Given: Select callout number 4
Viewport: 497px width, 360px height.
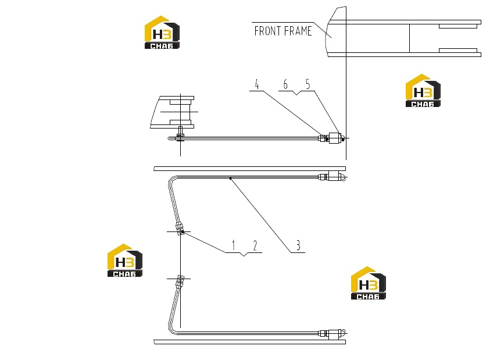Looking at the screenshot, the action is coord(257,84).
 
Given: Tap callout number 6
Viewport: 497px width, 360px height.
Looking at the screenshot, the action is coord(285,84).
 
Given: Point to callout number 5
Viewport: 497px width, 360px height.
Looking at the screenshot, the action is coord(308,84).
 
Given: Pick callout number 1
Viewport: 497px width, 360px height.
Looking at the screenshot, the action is coord(234,245).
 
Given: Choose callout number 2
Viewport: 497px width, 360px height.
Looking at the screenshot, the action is coord(255,245).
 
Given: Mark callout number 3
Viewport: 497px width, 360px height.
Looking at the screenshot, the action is coord(298,245).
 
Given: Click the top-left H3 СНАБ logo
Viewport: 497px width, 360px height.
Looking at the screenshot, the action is coord(162,33).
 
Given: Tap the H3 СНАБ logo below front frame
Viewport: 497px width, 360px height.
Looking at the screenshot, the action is coord(423,90).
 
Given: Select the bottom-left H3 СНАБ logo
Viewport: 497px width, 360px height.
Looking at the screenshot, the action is coord(125,261).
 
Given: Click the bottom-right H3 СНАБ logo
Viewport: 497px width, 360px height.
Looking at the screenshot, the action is coord(369,283).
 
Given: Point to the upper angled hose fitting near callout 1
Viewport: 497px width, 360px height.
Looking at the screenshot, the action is coord(180,229).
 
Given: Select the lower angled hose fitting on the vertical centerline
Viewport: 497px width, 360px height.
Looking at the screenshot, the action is coord(180,281).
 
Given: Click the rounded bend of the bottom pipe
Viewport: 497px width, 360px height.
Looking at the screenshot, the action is coord(170,329).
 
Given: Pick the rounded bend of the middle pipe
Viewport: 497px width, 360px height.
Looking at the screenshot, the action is coord(171,180).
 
